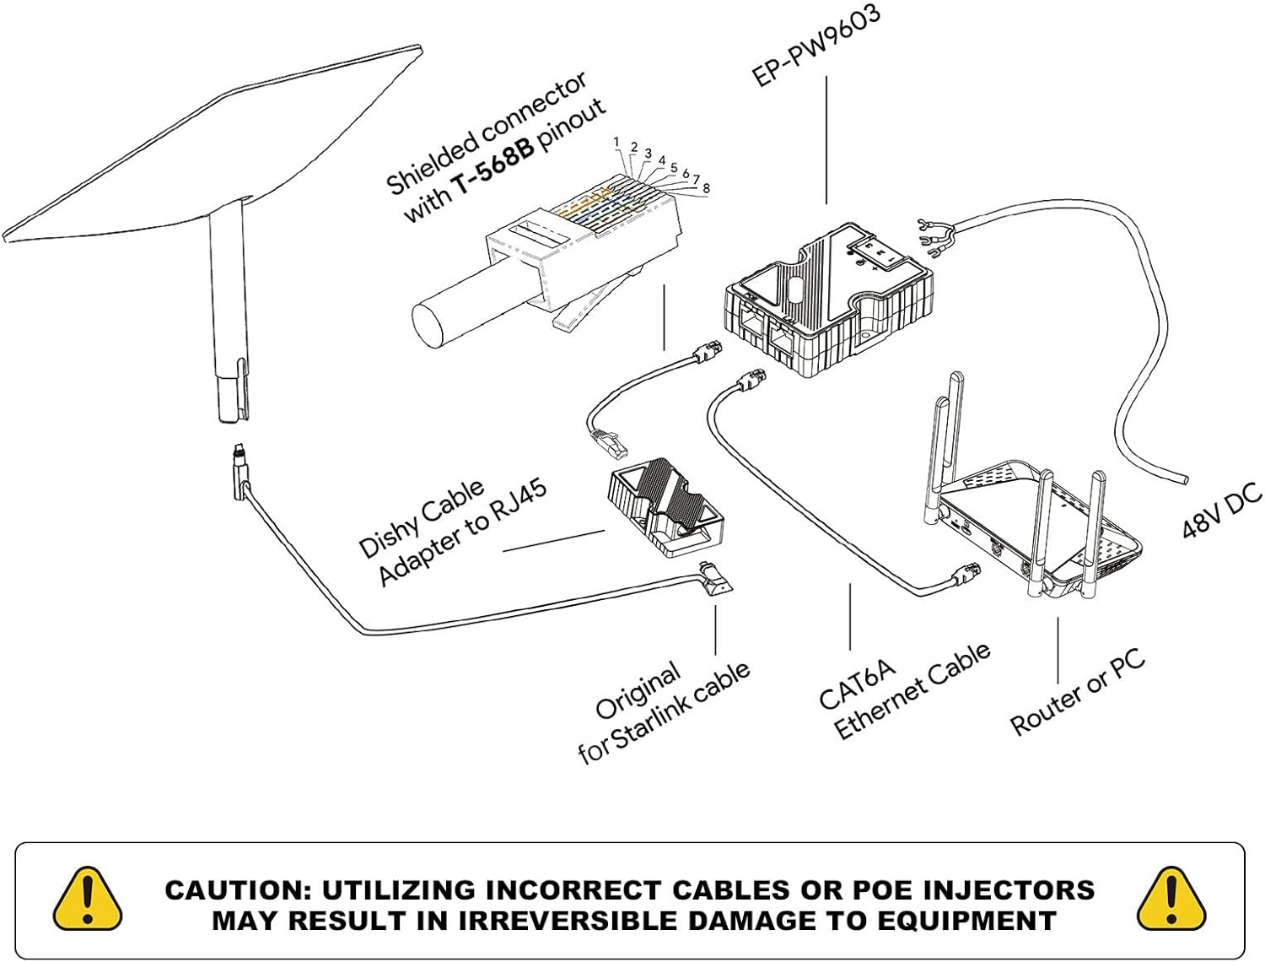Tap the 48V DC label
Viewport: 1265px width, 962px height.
coord(1221,513)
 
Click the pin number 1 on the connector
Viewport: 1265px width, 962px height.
coord(616,142)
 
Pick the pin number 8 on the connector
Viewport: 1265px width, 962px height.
coord(706,188)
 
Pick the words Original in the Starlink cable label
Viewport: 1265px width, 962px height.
coord(638,691)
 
